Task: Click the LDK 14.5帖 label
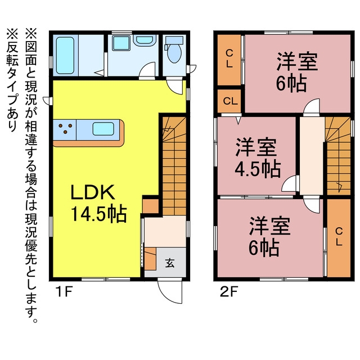[x=98, y=203]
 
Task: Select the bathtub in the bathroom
[x=65, y=56]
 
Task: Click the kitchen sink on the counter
[x=103, y=129]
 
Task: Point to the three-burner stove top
[x=65, y=129]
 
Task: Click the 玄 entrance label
[x=170, y=263]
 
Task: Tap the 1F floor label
[x=65, y=292]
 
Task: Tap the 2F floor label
[x=229, y=292]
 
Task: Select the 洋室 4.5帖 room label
[x=258, y=158]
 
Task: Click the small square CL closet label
[x=230, y=101]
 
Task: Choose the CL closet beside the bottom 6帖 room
[x=339, y=237]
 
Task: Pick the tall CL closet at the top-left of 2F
[x=229, y=60]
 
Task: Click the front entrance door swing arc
[x=169, y=291]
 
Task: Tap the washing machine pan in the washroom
[x=121, y=43]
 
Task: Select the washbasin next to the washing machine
[x=145, y=40]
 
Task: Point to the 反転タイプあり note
[x=12, y=81]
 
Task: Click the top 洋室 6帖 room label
[x=296, y=72]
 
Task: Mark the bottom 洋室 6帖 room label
[x=269, y=236]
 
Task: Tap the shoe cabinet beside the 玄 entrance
[x=150, y=259]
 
